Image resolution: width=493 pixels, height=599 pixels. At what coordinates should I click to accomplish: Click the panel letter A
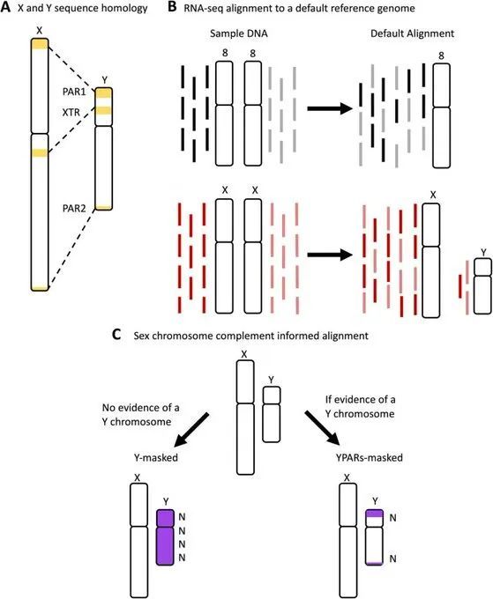pos(7,10)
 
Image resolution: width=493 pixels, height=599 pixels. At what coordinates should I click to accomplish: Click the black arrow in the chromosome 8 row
pos(329,108)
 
